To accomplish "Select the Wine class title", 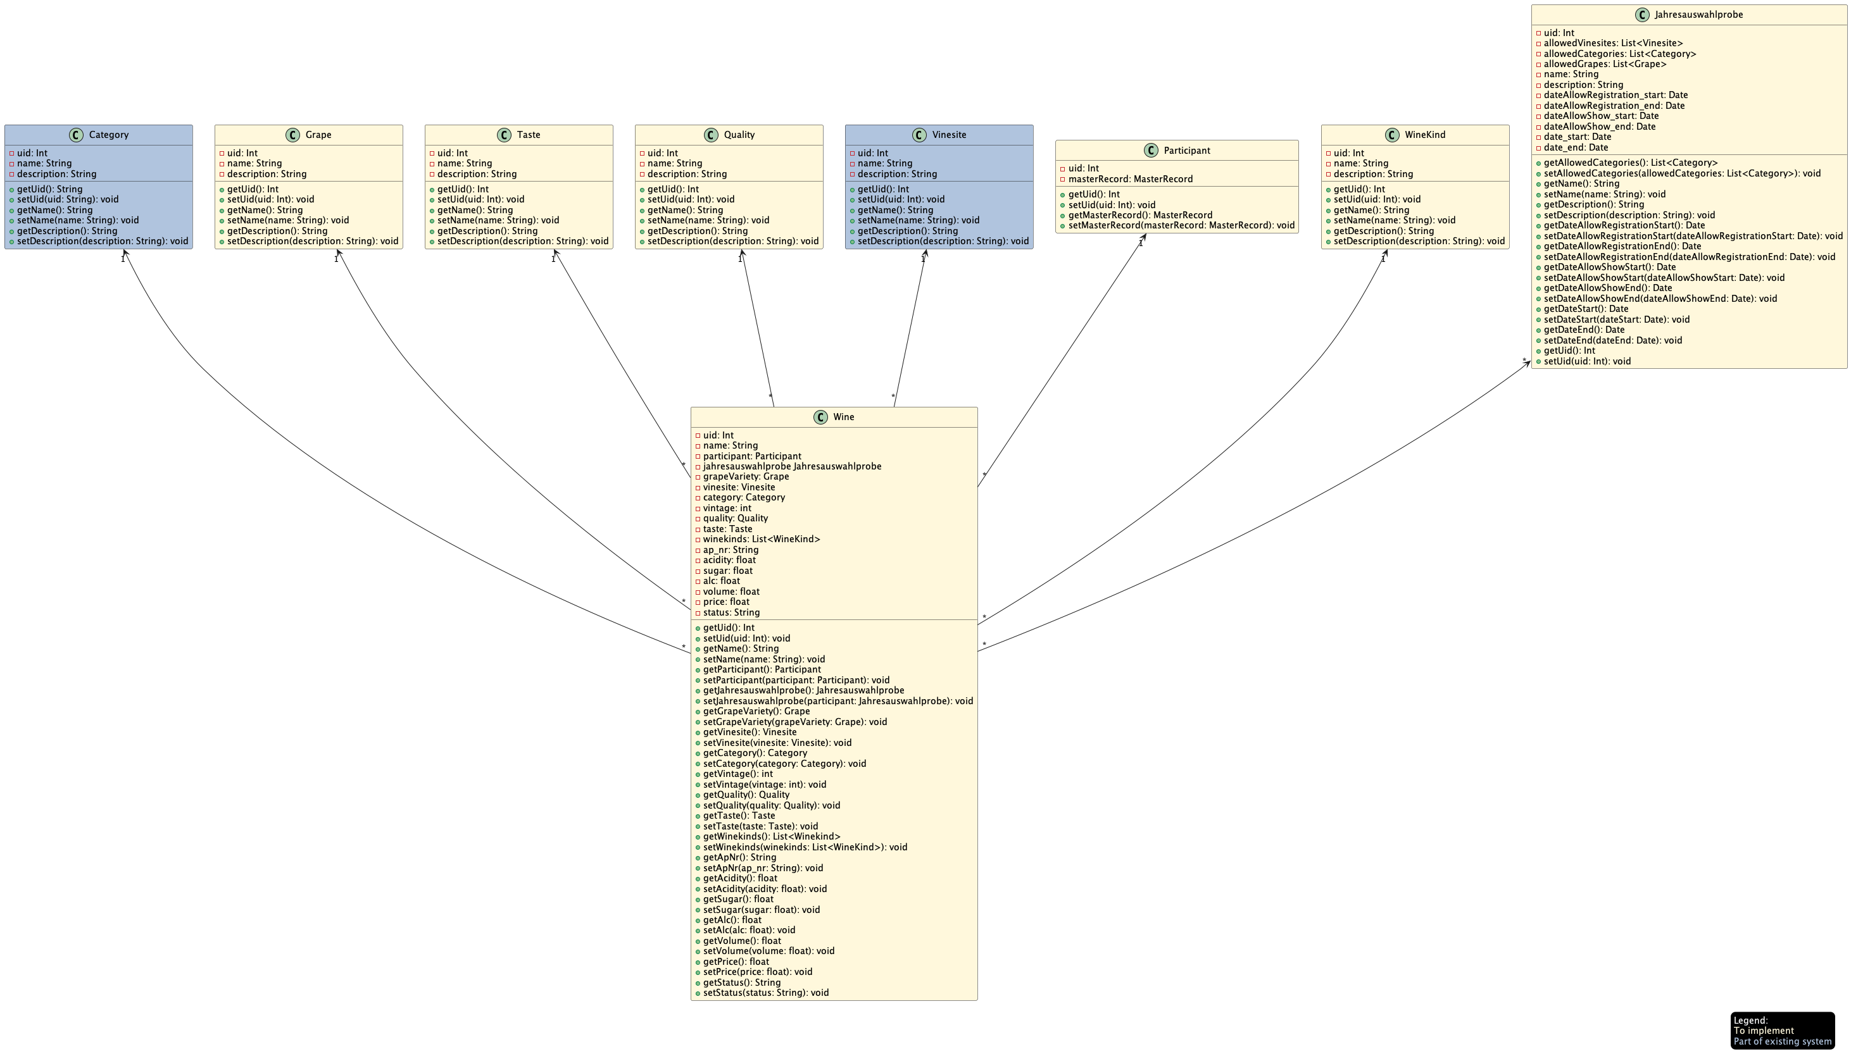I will click(843, 417).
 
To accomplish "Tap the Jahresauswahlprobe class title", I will click(1698, 15).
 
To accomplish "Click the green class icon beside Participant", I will click(1151, 150).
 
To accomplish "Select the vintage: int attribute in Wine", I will click(727, 508).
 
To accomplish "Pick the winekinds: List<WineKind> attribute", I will click(761, 539).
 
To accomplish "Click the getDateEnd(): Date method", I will click(1583, 330).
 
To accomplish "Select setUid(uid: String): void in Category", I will click(68, 199).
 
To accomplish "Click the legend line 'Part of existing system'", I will click(1782, 1041).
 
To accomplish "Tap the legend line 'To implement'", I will click(1763, 1031).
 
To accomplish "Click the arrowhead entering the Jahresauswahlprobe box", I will click(1528, 363).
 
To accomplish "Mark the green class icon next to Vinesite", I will click(919, 135).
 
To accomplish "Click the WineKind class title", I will click(1424, 135).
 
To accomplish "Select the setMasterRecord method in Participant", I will click(1181, 225).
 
